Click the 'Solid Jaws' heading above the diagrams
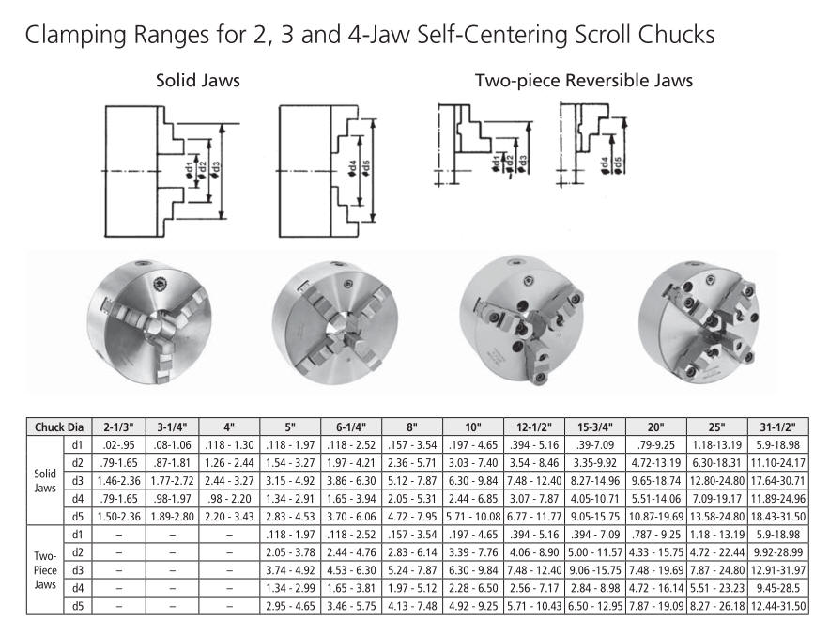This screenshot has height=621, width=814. tap(198, 81)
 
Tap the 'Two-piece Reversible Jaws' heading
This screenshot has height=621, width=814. tap(584, 81)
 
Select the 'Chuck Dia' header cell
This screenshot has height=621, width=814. tap(59, 427)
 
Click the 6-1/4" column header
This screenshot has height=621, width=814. tap(351, 427)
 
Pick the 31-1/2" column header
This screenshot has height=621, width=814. tap(777, 427)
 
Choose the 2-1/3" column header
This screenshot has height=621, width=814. tap(118, 427)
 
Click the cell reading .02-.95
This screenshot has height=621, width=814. tap(118, 444)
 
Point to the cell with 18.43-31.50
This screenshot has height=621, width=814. tap(777, 517)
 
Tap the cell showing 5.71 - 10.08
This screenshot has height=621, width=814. tap(473, 517)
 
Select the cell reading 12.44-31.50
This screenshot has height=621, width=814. tap(777, 606)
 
